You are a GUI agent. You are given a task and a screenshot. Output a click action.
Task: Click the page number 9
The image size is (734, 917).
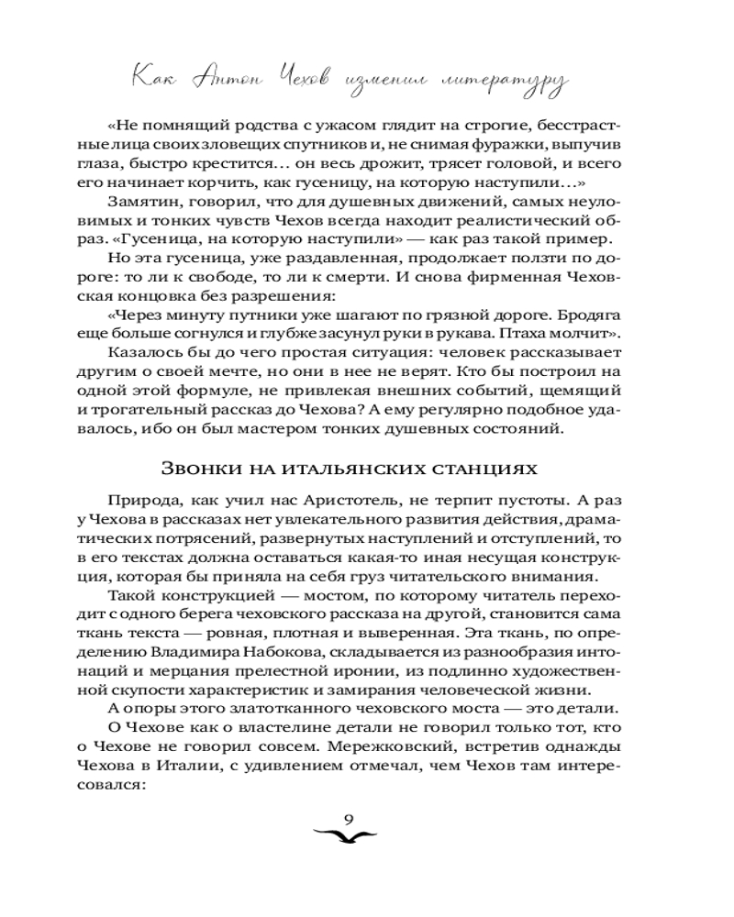click(348, 820)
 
